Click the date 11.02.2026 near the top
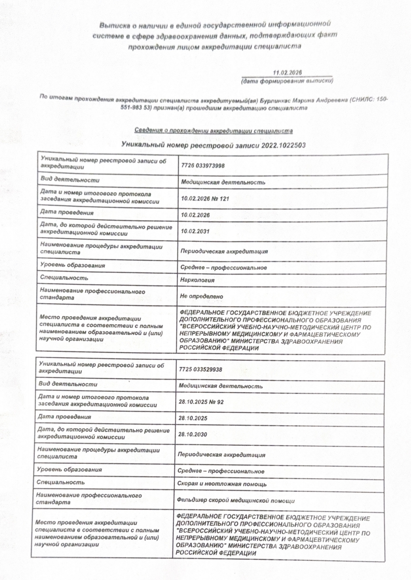click(x=287, y=73)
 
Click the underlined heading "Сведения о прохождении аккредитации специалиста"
click(x=213, y=131)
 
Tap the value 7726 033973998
click(x=202, y=165)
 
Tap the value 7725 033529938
click(x=200, y=369)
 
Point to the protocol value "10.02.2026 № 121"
click(x=205, y=199)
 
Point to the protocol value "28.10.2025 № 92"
click(x=201, y=402)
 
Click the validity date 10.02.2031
click(x=195, y=231)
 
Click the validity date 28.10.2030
click(x=193, y=434)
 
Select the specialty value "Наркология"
click(x=197, y=280)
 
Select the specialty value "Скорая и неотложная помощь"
click(x=222, y=484)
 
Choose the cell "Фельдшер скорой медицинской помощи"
click(x=235, y=501)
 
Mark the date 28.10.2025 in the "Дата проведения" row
click(x=193, y=418)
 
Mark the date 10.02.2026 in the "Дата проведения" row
click(x=195, y=215)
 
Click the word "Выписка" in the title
click(x=113, y=25)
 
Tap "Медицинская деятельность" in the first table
click(x=223, y=182)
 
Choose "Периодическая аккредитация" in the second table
click(x=221, y=455)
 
